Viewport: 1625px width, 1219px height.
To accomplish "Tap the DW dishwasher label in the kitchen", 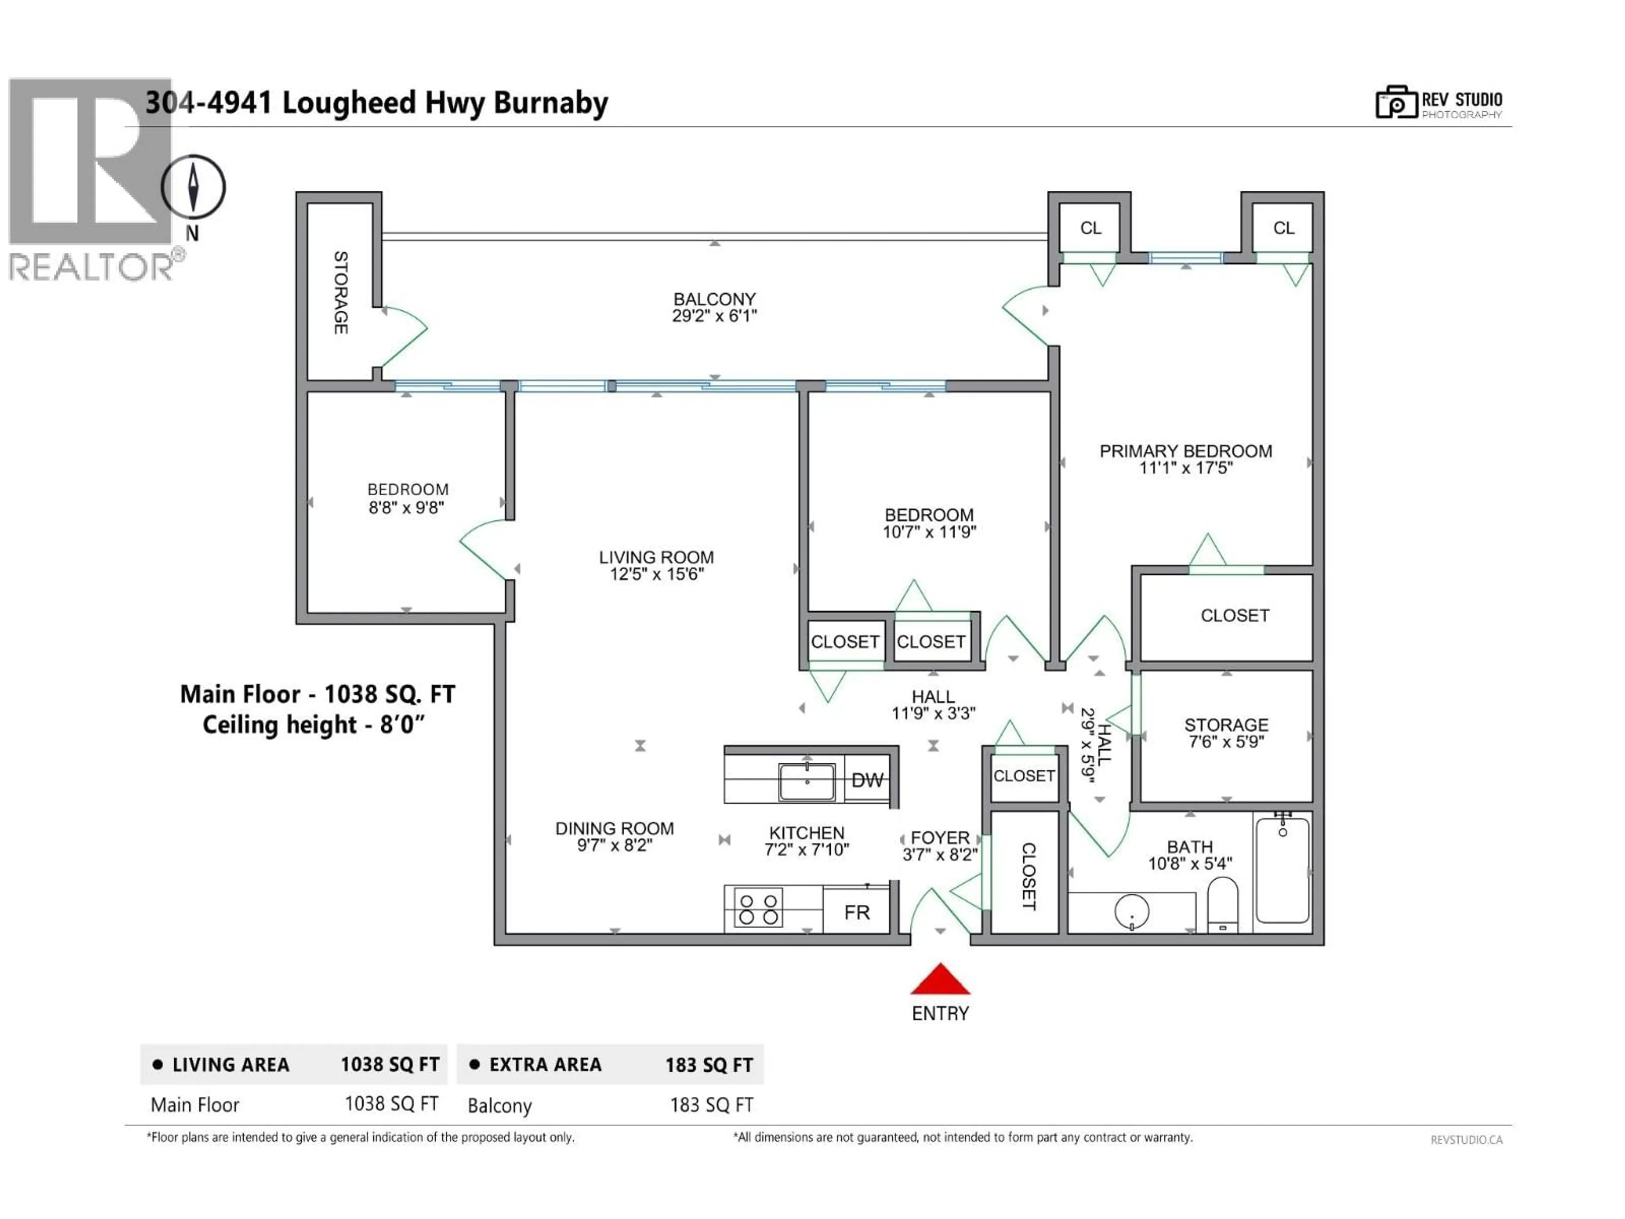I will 867,780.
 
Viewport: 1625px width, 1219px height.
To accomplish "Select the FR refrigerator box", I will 857,912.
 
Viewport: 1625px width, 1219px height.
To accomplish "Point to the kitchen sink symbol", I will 807,781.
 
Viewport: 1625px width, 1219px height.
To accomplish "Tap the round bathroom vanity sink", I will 1131,912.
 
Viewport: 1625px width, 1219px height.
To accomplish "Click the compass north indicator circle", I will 193,187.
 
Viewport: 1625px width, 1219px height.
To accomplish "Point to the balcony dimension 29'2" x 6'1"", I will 714,316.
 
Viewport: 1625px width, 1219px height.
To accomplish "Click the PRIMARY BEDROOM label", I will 1185,451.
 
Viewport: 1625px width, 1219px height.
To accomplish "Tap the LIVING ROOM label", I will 656,557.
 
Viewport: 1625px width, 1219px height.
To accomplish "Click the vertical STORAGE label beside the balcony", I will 340,292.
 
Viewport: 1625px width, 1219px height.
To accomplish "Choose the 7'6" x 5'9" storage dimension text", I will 1226,742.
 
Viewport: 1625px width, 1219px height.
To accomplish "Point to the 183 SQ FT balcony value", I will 711,1105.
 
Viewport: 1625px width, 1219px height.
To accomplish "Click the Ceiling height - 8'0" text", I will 314,725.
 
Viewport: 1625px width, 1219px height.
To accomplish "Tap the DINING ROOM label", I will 614,828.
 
